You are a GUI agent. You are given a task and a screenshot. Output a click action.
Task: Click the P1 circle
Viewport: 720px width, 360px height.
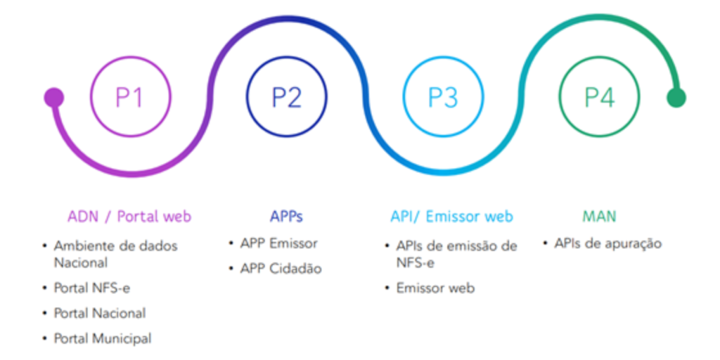(x=130, y=97)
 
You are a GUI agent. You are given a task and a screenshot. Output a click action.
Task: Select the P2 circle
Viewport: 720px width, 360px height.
(x=286, y=97)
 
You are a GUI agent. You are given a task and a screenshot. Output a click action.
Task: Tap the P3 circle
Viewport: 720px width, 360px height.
(x=443, y=97)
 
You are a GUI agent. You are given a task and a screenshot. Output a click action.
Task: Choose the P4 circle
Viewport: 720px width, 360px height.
(x=599, y=97)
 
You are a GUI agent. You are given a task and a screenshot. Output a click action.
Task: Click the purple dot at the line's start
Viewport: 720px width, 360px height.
(x=53, y=98)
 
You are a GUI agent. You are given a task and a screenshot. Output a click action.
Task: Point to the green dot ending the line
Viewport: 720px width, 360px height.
(x=676, y=98)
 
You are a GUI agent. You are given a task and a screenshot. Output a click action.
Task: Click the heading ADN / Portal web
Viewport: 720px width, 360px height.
(x=129, y=216)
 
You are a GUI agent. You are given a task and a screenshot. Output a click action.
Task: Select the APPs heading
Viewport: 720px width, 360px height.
(x=286, y=216)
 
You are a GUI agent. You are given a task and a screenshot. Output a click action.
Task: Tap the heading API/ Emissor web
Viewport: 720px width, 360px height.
(x=451, y=216)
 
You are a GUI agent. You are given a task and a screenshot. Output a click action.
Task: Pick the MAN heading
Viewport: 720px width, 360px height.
(x=599, y=216)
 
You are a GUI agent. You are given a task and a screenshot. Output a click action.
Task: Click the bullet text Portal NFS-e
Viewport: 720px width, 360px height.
(x=92, y=288)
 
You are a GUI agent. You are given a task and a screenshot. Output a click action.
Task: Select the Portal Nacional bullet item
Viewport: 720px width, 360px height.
(x=100, y=313)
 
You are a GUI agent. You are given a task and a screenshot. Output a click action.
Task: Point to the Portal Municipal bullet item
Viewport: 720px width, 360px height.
(x=103, y=338)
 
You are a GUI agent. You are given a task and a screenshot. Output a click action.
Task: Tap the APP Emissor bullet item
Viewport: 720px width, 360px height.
(x=279, y=243)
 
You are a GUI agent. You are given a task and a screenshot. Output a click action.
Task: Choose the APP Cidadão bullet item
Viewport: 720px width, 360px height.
(x=281, y=269)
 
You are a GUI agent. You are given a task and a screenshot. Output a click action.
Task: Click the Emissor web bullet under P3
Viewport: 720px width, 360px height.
(x=435, y=288)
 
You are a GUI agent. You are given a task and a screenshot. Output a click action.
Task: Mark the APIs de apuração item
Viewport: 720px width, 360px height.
(x=608, y=243)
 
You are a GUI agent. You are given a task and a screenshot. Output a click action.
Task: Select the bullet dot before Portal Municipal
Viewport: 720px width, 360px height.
(x=45, y=338)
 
